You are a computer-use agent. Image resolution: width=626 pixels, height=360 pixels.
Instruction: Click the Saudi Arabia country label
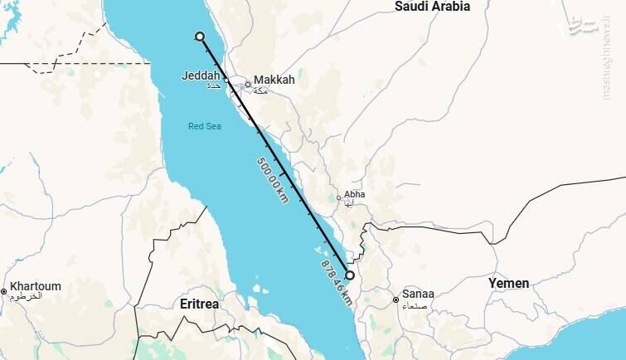(432, 7)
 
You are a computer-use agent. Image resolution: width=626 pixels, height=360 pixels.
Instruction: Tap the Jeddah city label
(201, 75)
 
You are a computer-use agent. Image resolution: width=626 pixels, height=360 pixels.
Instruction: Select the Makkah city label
(274, 80)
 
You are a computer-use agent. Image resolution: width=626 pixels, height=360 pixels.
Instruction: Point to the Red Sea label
(204, 126)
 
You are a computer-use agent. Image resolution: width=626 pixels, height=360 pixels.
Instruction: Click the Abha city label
(354, 194)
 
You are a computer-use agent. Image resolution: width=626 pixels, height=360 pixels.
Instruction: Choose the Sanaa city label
(418, 294)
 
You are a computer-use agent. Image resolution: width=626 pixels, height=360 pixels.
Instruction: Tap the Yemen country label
(508, 283)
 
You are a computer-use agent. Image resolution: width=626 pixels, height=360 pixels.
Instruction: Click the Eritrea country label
(199, 304)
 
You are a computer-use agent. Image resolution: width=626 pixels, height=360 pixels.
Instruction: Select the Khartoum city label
(36, 286)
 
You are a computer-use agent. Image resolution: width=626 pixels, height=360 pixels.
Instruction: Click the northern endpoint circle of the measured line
(199, 36)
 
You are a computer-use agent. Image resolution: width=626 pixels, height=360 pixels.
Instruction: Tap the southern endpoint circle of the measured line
(350, 275)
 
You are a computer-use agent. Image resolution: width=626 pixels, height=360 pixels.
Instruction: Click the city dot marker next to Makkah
(247, 84)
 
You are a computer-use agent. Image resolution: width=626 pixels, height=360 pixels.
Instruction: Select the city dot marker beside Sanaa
(395, 294)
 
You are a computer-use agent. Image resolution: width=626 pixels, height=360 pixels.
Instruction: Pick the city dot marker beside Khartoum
(4, 291)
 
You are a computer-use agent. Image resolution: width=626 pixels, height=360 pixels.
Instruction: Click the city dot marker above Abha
(338, 197)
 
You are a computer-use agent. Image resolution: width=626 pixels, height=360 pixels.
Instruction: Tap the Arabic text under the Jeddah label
(213, 85)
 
